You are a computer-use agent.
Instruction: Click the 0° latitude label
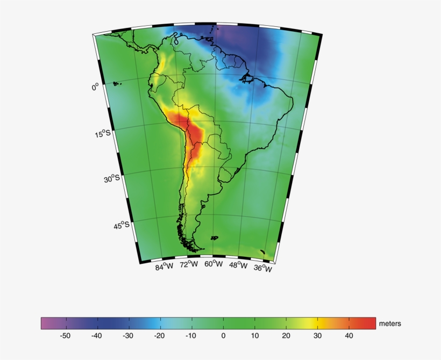[95, 86]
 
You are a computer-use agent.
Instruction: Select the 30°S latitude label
[112, 178]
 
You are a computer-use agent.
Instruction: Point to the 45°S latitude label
[122, 225]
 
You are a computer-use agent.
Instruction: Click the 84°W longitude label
[165, 267]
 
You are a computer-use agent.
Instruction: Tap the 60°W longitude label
[214, 264]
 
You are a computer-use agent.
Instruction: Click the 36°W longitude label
[263, 268]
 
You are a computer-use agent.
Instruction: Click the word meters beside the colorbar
[390, 323]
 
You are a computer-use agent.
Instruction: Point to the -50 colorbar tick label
[65, 336]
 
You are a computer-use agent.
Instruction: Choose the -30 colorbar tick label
[128, 336]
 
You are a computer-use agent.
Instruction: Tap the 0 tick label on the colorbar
[223, 336]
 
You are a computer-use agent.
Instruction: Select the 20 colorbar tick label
[286, 336]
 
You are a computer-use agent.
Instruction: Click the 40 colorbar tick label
[348, 336]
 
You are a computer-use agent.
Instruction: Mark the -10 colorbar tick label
[191, 336]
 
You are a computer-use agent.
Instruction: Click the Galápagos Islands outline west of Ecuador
[117, 83]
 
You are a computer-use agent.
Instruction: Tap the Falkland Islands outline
[215, 237]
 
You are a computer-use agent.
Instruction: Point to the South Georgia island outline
[262, 251]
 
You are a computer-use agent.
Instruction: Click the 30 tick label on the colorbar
[317, 336]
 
